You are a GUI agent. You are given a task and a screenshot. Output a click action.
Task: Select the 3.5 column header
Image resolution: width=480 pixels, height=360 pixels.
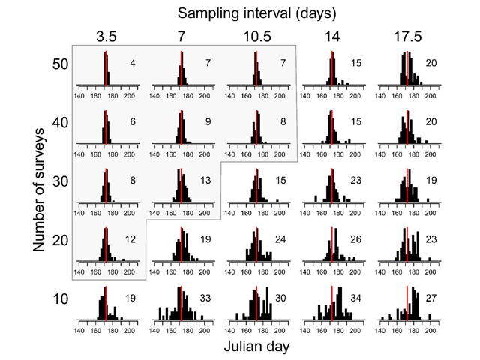pyautogui.click(x=106, y=36)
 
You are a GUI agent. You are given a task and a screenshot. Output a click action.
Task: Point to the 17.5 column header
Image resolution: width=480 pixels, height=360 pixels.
pyautogui.click(x=407, y=36)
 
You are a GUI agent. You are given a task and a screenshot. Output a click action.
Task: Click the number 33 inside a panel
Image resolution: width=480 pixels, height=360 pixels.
pyautogui.click(x=205, y=297)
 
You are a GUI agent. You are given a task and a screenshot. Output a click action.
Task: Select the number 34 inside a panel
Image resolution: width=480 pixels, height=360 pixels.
pyautogui.click(x=356, y=297)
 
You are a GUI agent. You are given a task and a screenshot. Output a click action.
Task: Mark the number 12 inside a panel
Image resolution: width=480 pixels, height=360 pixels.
pyautogui.click(x=130, y=238)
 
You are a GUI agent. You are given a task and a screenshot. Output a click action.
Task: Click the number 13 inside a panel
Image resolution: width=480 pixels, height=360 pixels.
pyautogui.click(x=205, y=180)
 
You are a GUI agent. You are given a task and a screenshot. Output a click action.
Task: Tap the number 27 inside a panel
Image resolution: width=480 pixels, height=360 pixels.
pyautogui.click(x=431, y=297)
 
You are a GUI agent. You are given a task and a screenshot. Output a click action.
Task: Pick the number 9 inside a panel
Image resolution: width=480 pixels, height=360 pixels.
pyautogui.click(x=208, y=121)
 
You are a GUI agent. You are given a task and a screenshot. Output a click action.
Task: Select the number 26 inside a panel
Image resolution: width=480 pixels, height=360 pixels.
pyautogui.click(x=356, y=238)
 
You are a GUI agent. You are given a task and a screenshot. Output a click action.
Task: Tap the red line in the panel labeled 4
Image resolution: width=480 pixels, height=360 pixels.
pyautogui.click(x=106, y=68)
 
